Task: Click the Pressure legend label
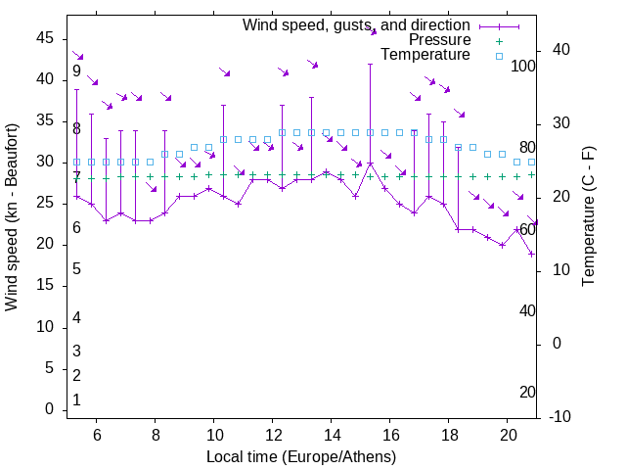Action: tap(439, 40)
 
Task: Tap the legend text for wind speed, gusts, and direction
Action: tap(357, 24)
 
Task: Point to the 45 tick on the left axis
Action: tap(46, 38)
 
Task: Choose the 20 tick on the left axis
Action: tap(46, 245)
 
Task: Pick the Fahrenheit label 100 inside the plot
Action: tap(523, 67)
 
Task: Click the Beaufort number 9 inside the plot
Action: tap(76, 71)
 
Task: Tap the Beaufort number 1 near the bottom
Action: tap(76, 400)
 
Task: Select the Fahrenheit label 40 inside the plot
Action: tap(527, 311)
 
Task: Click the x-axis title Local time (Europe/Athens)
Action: tap(301, 456)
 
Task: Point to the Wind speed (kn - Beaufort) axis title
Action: tap(12, 217)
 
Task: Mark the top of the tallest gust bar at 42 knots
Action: tap(371, 64)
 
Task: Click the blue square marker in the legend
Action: tap(498, 56)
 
